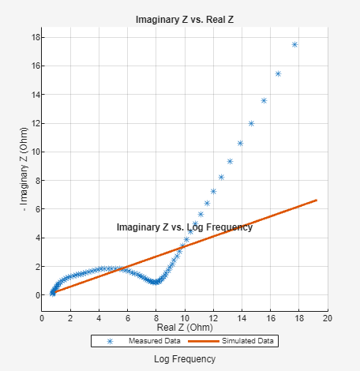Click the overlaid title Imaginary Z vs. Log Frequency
coord(184,227)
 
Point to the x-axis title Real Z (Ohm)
coord(184,326)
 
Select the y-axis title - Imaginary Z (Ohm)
coord(24,171)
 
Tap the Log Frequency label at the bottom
coord(184,358)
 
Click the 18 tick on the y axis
coord(36,37)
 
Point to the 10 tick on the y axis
coord(36,152)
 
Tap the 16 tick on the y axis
coord(36,66)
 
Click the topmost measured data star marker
coord(294,44)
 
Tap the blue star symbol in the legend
coord(110,341)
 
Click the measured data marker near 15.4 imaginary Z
coord(278,73)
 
